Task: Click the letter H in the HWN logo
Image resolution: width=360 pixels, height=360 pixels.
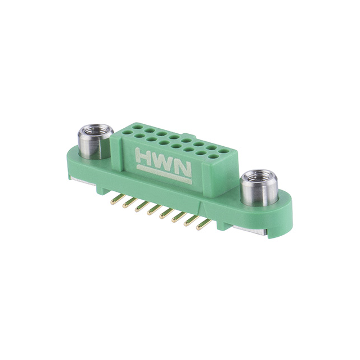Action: pyautogui.click(x=145, y=156)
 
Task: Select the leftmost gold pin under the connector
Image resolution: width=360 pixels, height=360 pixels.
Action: pyautogui.click(x=114, y=201)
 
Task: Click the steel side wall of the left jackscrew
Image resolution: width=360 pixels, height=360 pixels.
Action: pyautogui.click(x=88, y=148)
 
